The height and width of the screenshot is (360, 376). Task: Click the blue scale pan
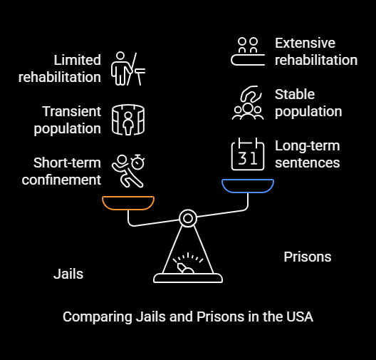248,191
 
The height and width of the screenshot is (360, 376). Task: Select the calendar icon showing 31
248,154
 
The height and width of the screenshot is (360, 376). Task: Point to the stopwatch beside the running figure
137,162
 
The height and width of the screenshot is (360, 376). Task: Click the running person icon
126,171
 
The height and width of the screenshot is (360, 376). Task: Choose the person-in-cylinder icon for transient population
128,120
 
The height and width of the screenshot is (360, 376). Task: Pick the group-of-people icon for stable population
248,103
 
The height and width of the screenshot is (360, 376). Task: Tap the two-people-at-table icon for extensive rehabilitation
248,51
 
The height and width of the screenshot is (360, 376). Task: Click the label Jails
68,274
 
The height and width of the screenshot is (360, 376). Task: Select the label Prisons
308,257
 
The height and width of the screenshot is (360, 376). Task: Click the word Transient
71,111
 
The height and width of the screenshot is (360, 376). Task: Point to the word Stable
295,94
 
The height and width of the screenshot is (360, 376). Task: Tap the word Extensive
305,43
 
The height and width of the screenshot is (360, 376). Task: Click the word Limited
77,60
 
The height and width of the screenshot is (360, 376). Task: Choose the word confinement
61,180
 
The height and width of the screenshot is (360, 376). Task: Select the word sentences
308,163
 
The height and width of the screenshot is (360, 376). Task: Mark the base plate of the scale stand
188,278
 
